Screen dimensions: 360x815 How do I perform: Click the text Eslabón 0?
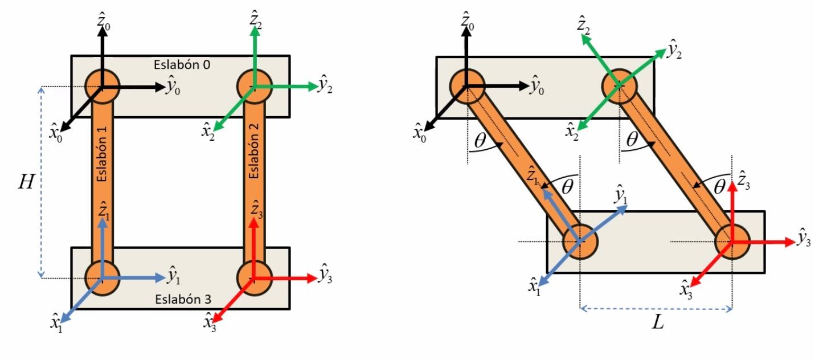point(182,64)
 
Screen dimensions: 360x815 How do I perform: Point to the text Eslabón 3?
point(182,297)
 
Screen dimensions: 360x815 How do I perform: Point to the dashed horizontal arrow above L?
point(656,309)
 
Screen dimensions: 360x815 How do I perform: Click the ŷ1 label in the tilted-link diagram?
point(620,195)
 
